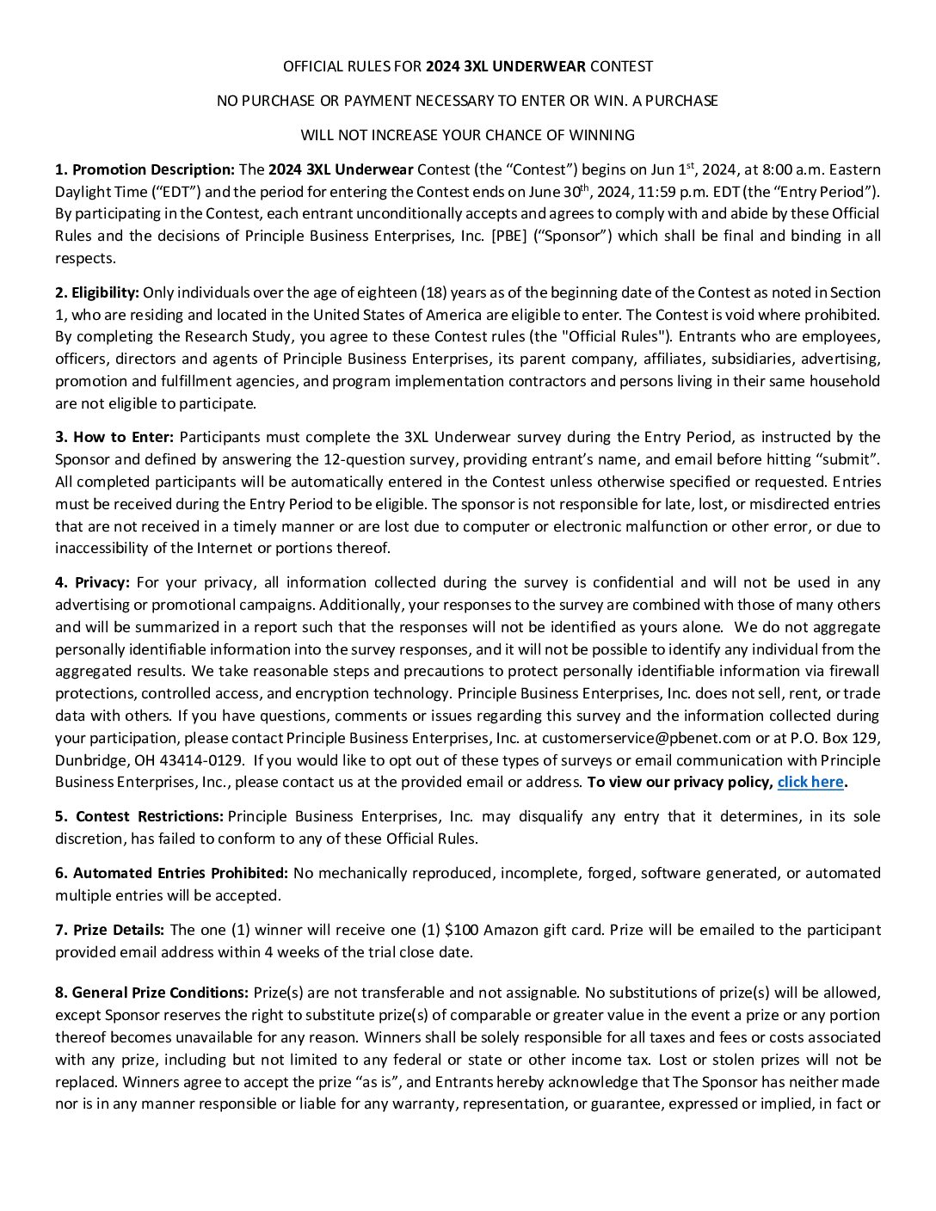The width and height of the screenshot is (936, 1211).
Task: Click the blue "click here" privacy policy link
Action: pyautogui.click(x=810, y=782)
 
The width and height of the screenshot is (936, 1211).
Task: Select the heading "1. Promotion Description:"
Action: pyautogui.click(x=145, y=169)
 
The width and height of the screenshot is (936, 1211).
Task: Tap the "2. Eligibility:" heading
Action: pyautogui.click(x=97, y=292)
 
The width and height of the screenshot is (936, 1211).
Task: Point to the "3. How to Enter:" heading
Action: pyautogui.click(x=114, y=437)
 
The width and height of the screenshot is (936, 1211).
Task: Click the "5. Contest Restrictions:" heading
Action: pyautogui.click(x=139, y=816)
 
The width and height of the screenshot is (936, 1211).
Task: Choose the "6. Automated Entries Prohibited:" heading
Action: pyautogui.click(x=171, y=873)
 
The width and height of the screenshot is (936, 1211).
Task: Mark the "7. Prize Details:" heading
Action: pyautogui.click(x=109, y=930)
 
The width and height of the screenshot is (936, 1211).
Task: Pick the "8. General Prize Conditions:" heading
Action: pyautogui.click(x=151, y=993)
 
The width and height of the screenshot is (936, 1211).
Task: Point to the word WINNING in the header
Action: pyautogui.click(x=600, y=135)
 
